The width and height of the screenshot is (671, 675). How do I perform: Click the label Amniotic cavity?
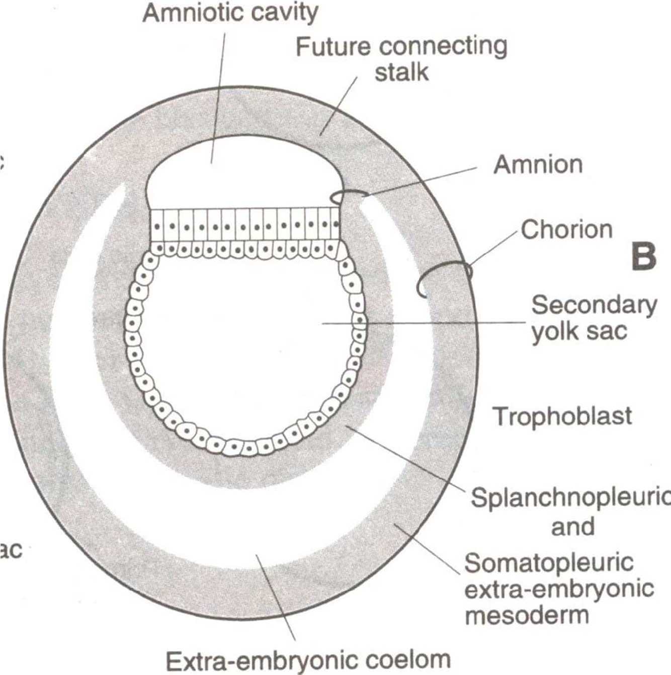tap(230, 13)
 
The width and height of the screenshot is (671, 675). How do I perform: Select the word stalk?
tap(401, 72)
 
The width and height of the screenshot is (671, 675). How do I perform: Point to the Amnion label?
tap(538, 164)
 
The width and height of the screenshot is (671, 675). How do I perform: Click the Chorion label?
tap(566, 230)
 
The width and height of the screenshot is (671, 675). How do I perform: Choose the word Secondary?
tap(594, 305)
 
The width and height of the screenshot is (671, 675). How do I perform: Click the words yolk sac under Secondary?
tap(579, 331)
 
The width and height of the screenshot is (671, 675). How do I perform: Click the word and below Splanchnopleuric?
tap(573, 526)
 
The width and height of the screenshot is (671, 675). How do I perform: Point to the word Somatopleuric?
tap(549, 562)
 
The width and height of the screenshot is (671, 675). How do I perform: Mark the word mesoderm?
tap(526, 615)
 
